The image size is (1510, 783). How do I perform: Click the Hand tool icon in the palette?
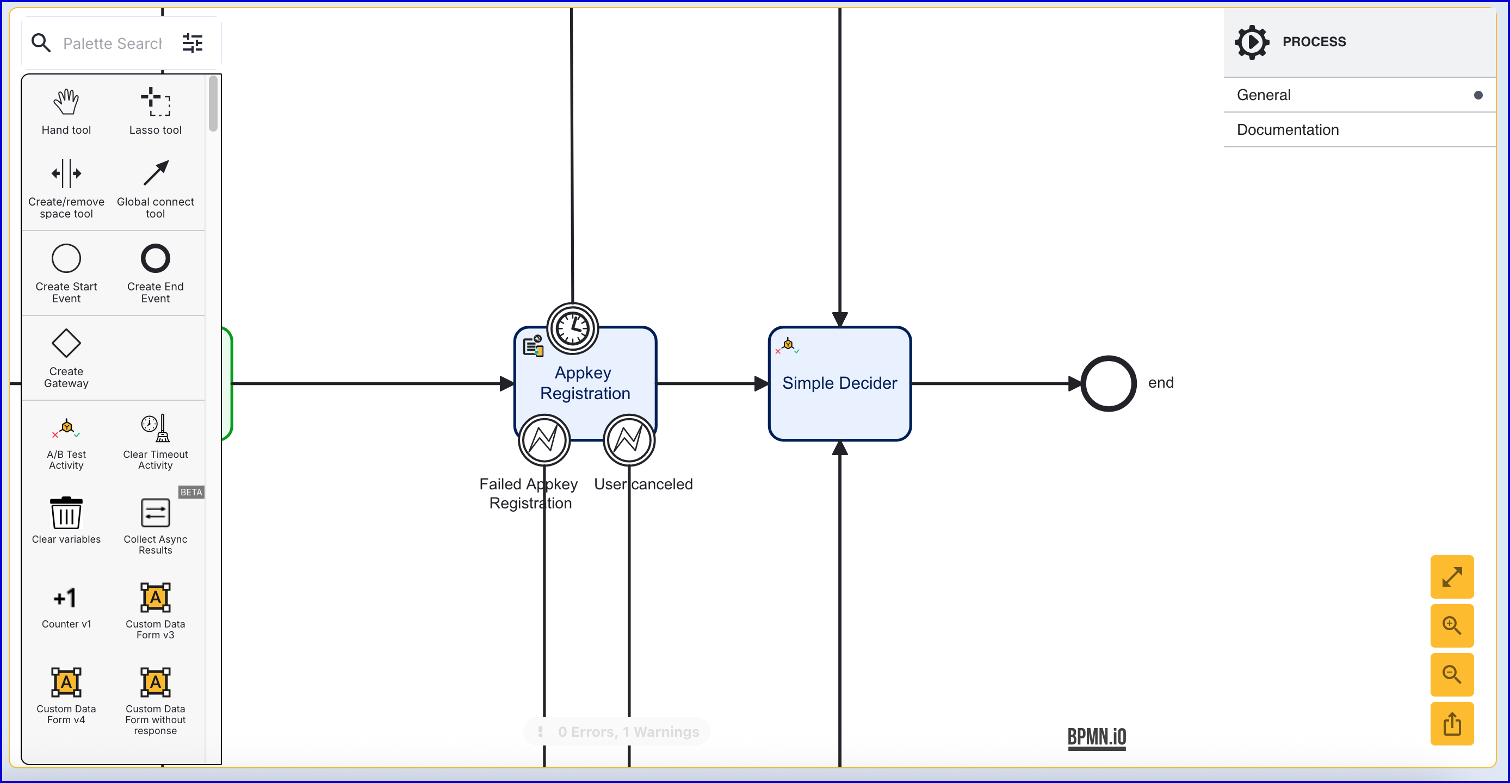coord(66,103)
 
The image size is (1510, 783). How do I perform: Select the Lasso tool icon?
coord(156,102)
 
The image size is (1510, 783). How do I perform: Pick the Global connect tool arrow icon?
coord(156,173)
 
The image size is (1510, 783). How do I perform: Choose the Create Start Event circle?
coord(66,258)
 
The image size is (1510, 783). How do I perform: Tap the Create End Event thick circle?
coord(156,258)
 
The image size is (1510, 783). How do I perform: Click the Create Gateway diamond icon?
coord(66,344)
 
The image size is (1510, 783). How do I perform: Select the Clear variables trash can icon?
coord(66,513)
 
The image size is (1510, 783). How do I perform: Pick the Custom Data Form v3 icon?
coord(156,598)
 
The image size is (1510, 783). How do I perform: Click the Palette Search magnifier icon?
coord(41,43)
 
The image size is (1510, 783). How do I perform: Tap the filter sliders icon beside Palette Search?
coord(192,43)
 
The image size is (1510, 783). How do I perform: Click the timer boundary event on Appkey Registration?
coord(573,329)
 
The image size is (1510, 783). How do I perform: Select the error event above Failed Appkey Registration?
coord(544,440)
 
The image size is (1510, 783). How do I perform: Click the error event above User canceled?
coord(629,440)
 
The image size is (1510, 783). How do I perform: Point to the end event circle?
coord(1108,384)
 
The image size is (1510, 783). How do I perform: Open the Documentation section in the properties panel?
coord(1288,129)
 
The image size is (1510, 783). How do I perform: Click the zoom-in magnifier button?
coord(1451,626)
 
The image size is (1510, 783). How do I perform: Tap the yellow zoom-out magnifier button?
coord(1451,675)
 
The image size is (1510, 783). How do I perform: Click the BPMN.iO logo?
coord(1096,737)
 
